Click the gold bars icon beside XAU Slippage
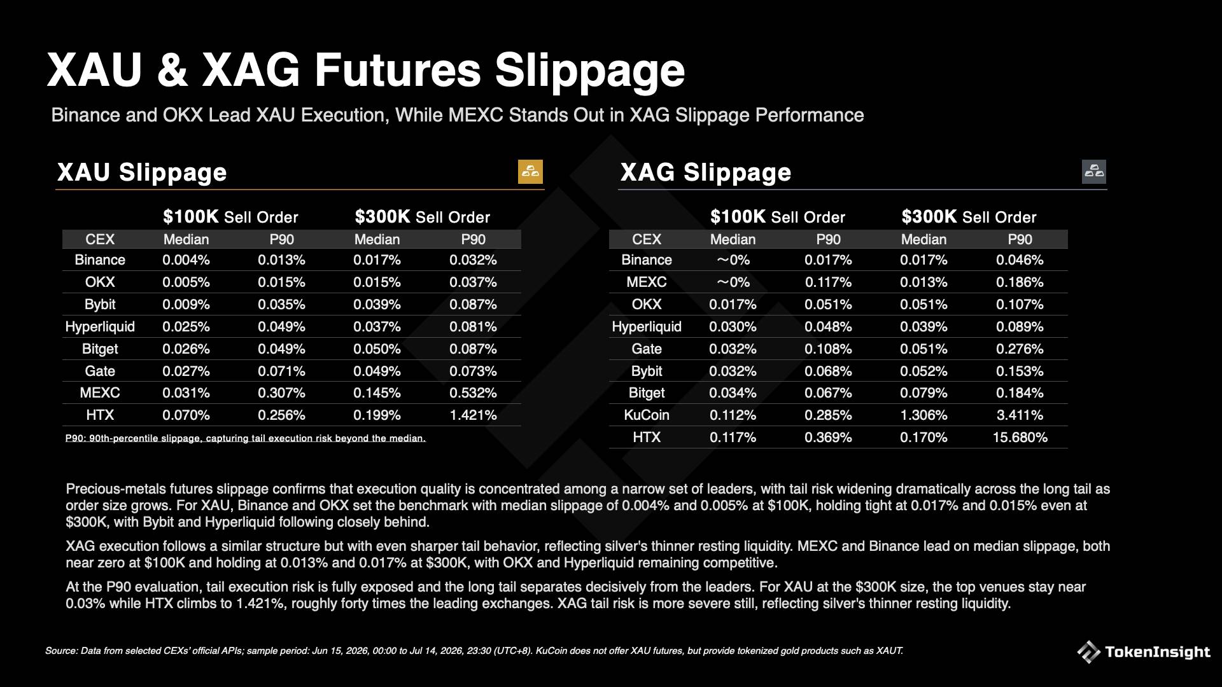coord(530,172)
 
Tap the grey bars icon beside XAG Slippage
coord(1094,172)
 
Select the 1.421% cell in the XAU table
coord(473,415)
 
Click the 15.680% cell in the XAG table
coord(1020,438)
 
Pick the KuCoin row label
coord(647,415)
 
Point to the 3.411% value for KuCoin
coord(1020,415)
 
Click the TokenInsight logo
coord(1144,652)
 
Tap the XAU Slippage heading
coord(142,172)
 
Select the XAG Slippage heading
coord(706,172)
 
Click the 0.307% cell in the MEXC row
coord(281,393)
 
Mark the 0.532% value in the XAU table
coord(473,393)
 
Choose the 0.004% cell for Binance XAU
coord(186,260)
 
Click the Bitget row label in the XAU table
coord(100,349)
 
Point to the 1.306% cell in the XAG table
coord(924,415)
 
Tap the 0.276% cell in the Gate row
coord(1020,349)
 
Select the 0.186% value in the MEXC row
coord(1020,282)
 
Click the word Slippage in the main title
coord(590,71)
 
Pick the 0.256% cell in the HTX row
coord(281,415)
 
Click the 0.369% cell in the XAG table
coord(828,438)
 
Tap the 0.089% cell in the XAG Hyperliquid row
coord(1020,327)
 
